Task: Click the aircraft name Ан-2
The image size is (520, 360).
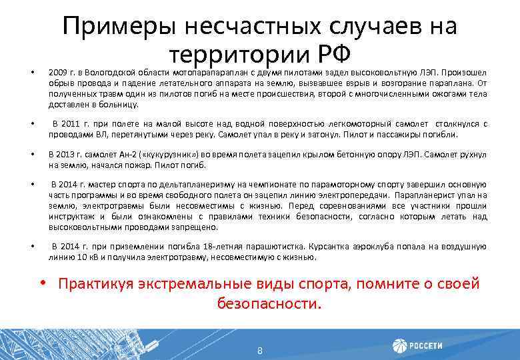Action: (x=130, y=154)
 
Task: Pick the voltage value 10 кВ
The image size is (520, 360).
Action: (x=81, y=257)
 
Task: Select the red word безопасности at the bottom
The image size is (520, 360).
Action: (x=267, y=304)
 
